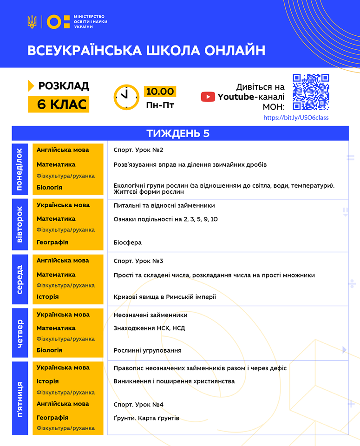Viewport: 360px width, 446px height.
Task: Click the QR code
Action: [311, 92]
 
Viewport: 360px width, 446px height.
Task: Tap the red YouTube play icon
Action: [208, 97]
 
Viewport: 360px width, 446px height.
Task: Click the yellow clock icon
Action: [126, 97]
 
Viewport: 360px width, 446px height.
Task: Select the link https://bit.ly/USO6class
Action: [295, 118]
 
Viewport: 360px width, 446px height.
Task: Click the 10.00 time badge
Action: [159, 91]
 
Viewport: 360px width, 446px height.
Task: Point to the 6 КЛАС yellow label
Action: [59, 105]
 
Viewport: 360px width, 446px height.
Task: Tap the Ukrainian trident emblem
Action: [32, 21]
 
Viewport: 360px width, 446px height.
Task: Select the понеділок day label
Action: [20, 169]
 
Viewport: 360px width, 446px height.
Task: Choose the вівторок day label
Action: [20, 226]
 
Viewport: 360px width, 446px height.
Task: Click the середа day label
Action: [20, 279]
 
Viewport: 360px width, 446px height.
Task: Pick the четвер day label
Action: [20, 333]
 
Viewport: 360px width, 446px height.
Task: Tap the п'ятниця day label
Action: [20, 398]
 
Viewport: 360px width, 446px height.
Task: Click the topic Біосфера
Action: [128, 243]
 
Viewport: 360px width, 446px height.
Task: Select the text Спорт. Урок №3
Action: [138, 261]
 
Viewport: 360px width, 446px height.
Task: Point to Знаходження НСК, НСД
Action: [149, 328]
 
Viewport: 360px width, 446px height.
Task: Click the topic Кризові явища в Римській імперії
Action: [165, 297]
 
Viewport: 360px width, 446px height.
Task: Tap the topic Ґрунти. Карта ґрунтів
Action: [146, 418]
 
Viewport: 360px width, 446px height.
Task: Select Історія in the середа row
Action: [47, 296]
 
